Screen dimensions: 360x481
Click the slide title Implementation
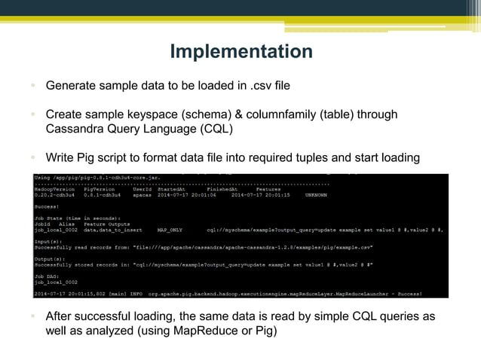point(240,51)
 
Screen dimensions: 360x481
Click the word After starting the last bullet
point(62,316)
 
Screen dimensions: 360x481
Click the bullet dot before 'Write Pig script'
point(33,157)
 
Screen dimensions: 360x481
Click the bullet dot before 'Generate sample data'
point(33,86)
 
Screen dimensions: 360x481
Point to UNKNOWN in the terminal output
point(316,194)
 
